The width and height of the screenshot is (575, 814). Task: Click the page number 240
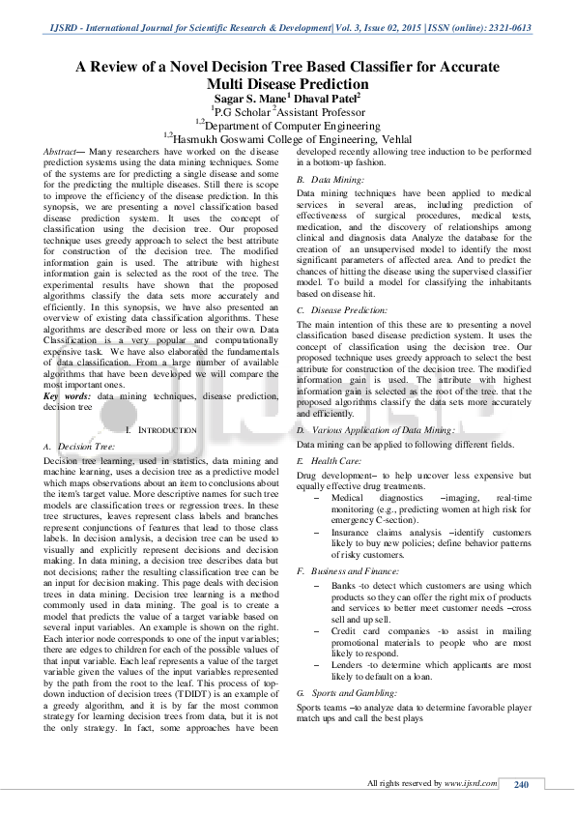(x=523, y=783)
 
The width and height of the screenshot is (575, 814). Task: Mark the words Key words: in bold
(x=68, y=396)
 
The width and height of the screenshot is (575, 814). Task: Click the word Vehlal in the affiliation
(x=387, y=138)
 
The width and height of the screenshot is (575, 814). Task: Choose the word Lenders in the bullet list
(x=348, y=664)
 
